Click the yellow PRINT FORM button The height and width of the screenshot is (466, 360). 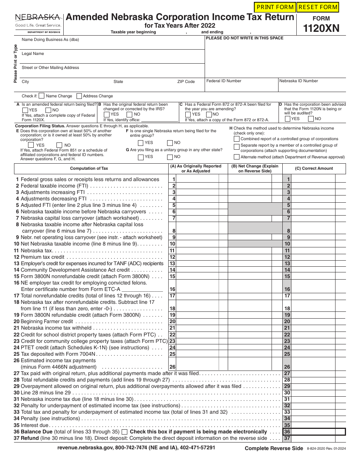(275, 7)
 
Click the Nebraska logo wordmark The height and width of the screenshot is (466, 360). (38, 17)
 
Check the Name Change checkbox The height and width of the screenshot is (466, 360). (42, 96)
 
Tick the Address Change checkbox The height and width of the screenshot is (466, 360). (79, 96)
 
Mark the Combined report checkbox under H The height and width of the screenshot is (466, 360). (237, 139)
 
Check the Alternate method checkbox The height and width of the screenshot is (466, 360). (237, 157)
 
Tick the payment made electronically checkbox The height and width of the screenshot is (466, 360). (125, 432)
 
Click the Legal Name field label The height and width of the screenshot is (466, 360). (33, 54)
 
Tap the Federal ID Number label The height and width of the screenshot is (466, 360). (224, 81)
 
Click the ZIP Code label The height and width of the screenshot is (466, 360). (186, 82)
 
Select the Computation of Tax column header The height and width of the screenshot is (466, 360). (89, 169)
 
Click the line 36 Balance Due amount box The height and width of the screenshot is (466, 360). (318, 432)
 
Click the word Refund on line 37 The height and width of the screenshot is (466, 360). (30, 438)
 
